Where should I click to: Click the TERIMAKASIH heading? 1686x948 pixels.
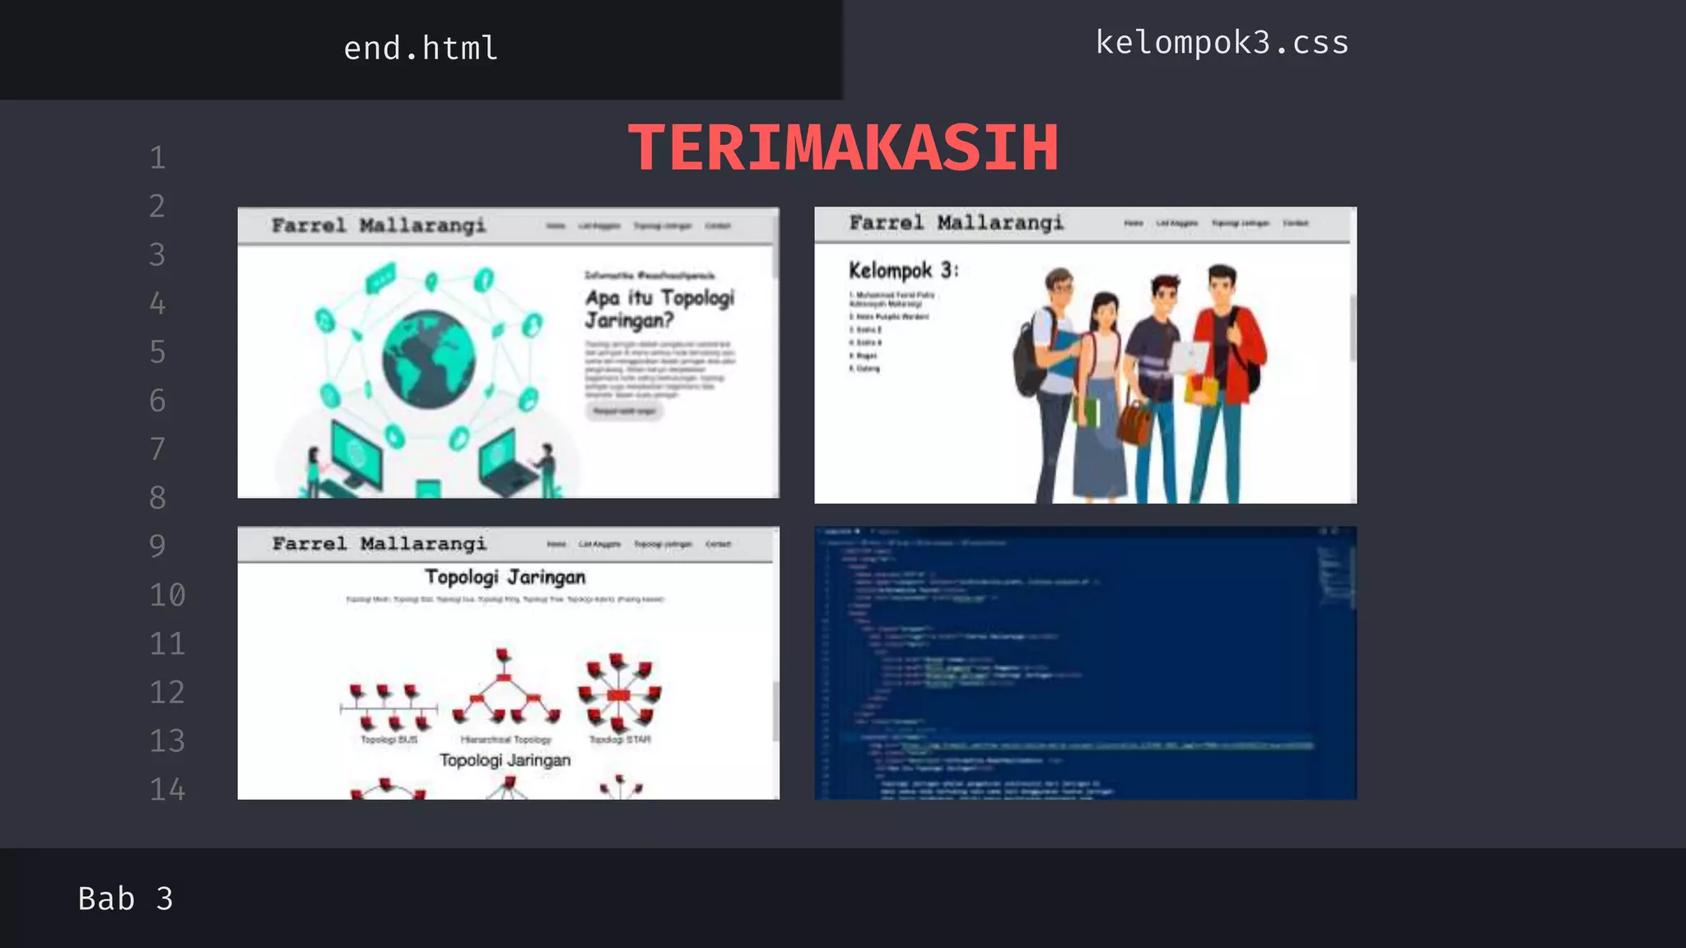pos(843,148)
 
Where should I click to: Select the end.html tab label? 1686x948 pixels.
pos(421,49)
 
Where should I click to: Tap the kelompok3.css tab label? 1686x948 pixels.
pos(1222,43)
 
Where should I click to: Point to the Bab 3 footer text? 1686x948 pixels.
pos(125,899)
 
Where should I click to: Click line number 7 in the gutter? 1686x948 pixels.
pos(157,449)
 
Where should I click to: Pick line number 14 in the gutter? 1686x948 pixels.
pos(167,790)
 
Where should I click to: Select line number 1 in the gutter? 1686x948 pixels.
pos(157,158)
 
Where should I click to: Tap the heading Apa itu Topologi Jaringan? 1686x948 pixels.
pos(659,309)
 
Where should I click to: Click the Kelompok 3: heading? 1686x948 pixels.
pos(903,270)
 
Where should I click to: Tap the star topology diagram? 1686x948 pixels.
pos(619,693)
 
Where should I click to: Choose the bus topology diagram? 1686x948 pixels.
pos(389,706)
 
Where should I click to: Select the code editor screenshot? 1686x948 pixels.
pos(1085,663)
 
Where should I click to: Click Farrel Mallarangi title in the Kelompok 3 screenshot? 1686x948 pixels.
pos(956,223)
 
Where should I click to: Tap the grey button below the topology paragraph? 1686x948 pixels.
pos(624,411)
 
